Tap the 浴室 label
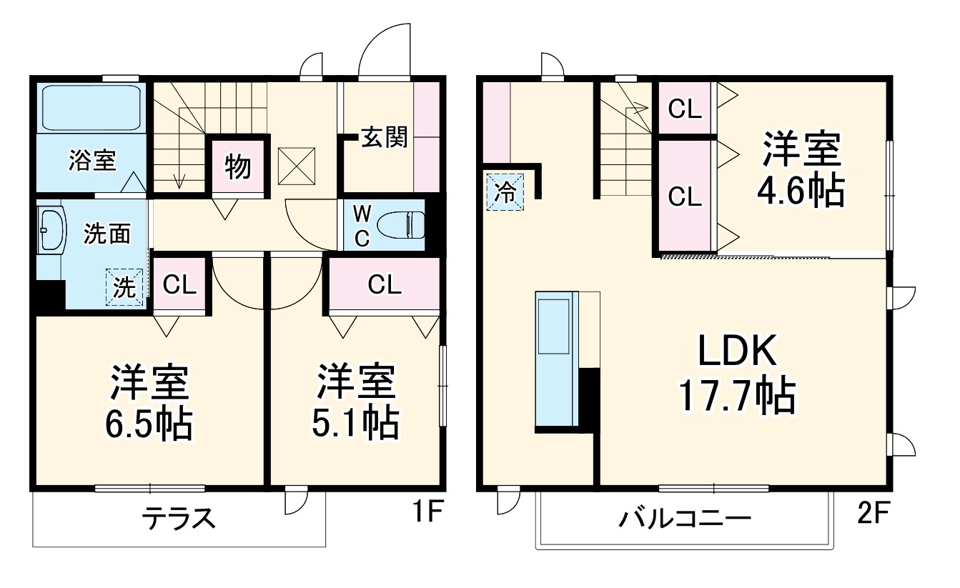click(92, 160)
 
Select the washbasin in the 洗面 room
click(51, 229)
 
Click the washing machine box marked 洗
click(124, 288)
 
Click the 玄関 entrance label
click(383, 136)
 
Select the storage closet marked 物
click(238, 166)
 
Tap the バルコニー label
click(685, 518)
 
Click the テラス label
click(179, 517)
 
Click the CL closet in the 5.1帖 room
click(385, 285)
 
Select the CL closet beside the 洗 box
click(179, 285)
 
